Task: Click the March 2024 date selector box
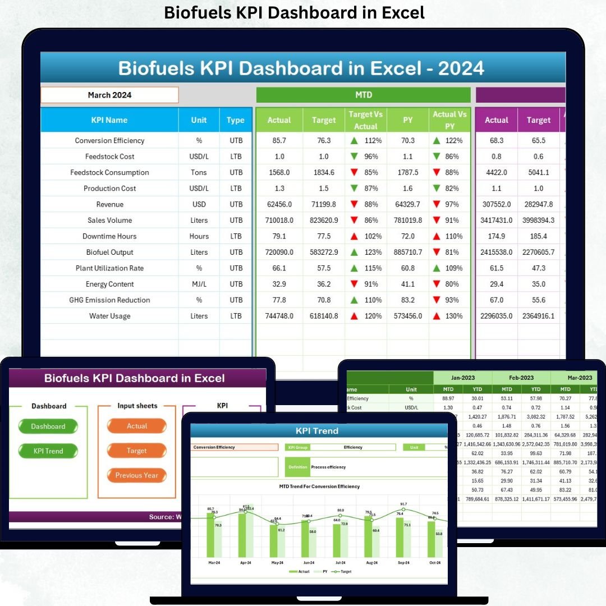(109, 95)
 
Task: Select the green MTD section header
(363, 95)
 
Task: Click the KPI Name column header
(109, 120)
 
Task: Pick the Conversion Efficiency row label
(109, 141)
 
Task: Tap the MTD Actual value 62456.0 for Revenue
(279, 204)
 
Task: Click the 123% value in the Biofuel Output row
(373, 252)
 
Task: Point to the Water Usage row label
(109, 316)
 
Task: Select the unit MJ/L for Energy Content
(199, 284)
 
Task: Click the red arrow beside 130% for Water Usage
(436, 316)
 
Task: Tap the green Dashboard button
(48, 426)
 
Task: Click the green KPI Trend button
(48, 451)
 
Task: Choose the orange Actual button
(136, 426)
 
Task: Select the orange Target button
(136, 451)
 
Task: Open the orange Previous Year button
(136, 475)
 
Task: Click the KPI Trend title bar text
(317, 431)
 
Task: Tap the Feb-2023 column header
(521, 378)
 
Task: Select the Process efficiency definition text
(328, 467)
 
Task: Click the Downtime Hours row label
(109, 237)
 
